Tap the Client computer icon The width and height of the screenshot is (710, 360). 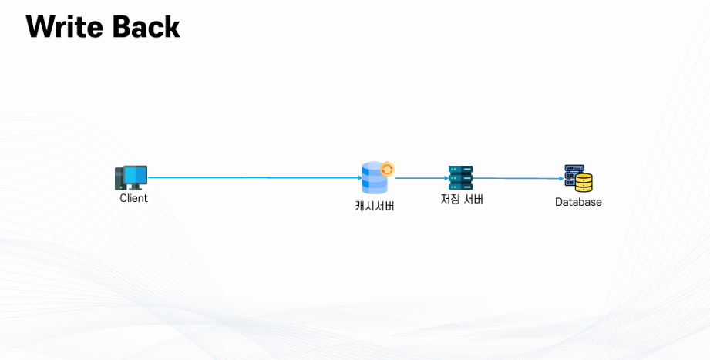[x=131, y=178]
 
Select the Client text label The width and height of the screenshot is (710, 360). [x=133, y=198]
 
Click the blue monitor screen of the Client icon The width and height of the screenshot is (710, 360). [x=136, y=176]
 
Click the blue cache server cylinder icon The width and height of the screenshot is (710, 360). [x=373, y=180]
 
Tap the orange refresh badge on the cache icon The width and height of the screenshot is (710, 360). [x=387, y=169]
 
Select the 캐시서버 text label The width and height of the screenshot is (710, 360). [x=375, y=206]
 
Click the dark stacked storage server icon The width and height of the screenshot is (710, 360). [x=460, y=178]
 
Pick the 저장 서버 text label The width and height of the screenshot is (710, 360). [x=462, y=199]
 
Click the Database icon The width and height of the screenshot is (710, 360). [x=578, y=178]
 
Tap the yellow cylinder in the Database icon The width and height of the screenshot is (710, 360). [x=584, y=183]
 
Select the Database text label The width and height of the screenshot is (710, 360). [x=578, y=202]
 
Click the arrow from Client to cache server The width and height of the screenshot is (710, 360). [x=254, y=178]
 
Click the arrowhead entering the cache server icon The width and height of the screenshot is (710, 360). [x=359, y=178]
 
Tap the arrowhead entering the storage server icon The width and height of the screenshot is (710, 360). [x=446, y=178]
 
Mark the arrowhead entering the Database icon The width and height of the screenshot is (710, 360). [x=562, y=178]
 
